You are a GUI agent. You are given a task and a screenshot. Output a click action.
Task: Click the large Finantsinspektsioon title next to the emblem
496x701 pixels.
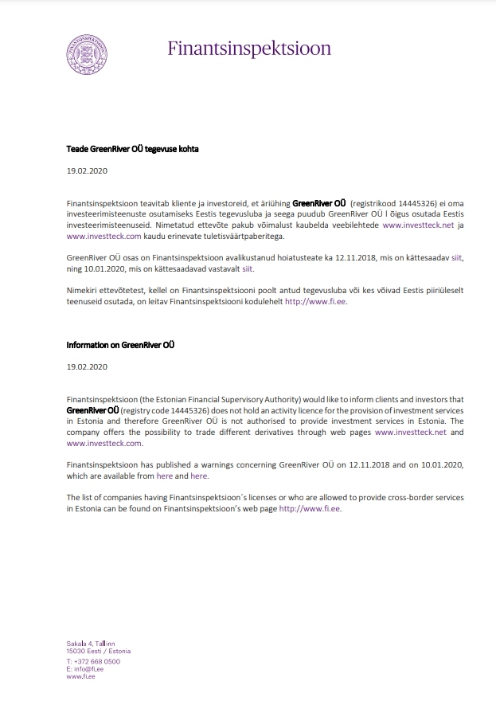248,49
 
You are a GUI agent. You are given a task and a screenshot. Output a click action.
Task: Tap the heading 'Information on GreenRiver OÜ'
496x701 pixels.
120,345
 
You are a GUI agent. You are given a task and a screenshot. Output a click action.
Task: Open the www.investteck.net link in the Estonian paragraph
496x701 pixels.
414,225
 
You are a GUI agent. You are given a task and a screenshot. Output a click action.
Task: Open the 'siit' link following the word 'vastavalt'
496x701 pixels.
248,269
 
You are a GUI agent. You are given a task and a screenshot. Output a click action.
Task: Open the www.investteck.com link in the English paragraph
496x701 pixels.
104,443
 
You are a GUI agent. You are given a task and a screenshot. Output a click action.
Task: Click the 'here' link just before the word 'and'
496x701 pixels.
164,476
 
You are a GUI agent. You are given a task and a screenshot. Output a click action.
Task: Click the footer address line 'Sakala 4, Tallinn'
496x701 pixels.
91,643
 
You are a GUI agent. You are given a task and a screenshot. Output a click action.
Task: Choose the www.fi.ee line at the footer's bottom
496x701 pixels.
81,676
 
